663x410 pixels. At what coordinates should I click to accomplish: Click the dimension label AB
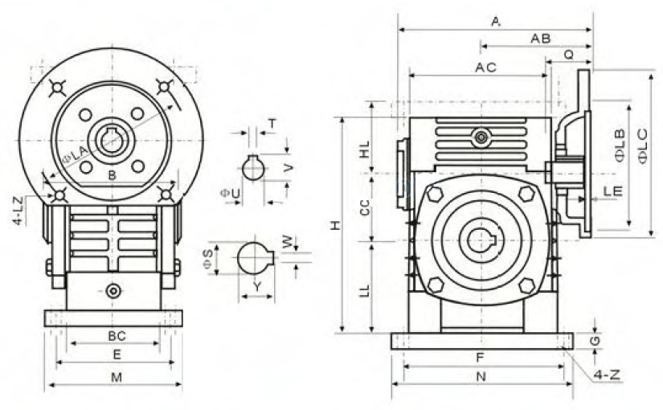click(540, 39)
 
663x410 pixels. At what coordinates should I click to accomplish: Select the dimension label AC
click(485, 68)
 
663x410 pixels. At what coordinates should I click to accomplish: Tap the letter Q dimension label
click(569, 55)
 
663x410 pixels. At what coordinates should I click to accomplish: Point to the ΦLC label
click(642, 146)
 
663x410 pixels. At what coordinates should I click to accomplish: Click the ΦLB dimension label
click(620, 146)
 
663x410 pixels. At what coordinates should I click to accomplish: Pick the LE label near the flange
click(612, 191)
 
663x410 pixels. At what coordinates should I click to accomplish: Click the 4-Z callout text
click(607, 375)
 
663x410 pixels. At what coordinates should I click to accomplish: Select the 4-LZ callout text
click(18, 211)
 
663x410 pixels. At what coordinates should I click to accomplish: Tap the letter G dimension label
click(595, 341)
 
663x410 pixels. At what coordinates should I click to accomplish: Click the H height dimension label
click(335, 226)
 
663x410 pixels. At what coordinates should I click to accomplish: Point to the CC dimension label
click(364, 207)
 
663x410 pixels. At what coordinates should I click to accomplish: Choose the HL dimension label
click(364, 150)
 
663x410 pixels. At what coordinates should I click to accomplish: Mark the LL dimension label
click(364, 290)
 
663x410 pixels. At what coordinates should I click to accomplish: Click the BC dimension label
click(117, 336)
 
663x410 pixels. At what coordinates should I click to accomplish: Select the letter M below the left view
click(117, 377)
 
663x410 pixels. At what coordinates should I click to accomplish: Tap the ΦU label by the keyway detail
click(230, 194)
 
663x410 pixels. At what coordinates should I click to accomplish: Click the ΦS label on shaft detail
click(207, 259)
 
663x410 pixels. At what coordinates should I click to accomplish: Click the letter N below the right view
click(481, 376)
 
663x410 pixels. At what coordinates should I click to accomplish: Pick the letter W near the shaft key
click(288, 242)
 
